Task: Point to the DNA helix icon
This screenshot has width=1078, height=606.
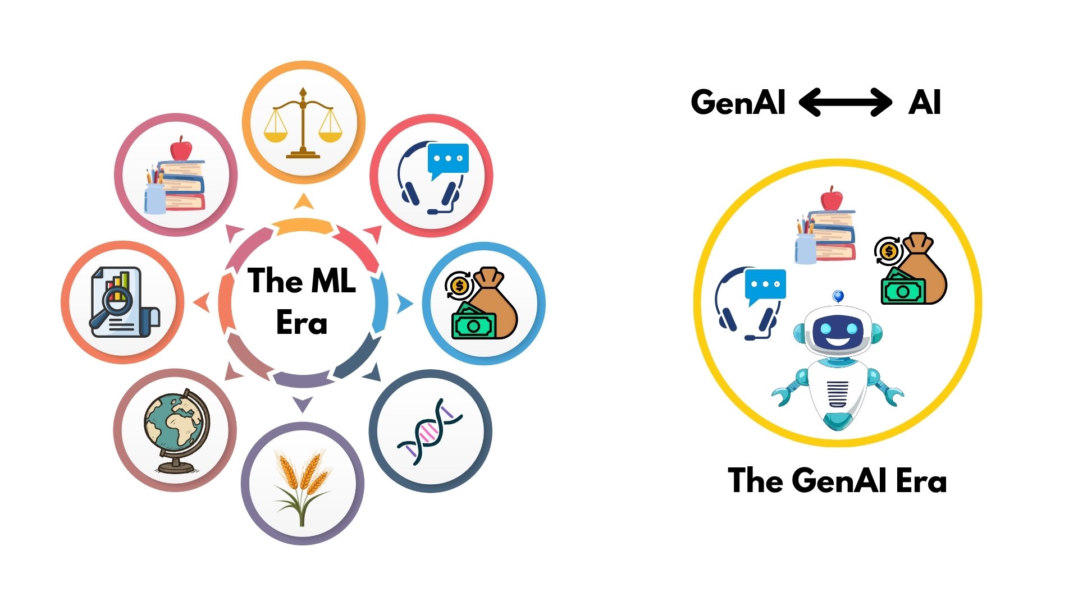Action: click(430, 431)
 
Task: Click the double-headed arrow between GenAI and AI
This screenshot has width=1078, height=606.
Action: click(845, 102)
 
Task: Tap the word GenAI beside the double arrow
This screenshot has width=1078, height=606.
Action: click(738, 102)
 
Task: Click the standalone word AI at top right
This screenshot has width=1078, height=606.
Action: click(924, 102)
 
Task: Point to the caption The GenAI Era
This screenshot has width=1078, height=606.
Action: click(837, 480)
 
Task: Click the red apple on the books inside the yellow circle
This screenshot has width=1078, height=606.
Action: click(832, 199)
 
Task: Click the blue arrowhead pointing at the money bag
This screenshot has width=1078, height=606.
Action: click(404, 304)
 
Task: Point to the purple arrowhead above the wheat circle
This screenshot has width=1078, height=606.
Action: click(303, 404)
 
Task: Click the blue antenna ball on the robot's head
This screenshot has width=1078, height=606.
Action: click(838, 296)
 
